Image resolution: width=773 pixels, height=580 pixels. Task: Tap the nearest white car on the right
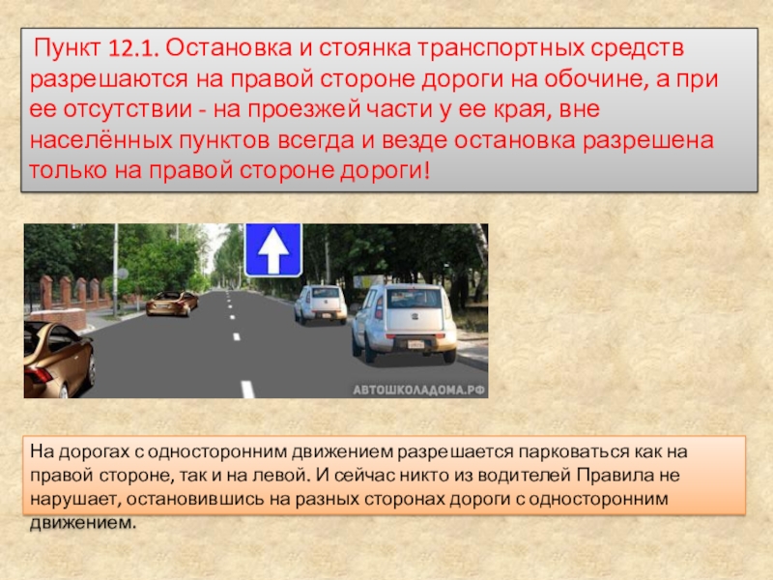(x=404, y=321)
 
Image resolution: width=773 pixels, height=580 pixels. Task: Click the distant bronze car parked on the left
(x=172, y=304)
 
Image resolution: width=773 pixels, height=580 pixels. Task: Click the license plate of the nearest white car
(x=415, y=343)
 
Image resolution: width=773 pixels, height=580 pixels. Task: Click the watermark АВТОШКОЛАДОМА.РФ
(x=418, y=390)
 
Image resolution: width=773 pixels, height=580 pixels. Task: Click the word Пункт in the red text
(x=70, y=48)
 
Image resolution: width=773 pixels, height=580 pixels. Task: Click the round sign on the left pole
(x=123, y=274)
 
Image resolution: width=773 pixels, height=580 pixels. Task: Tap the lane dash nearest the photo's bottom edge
(x=247, y=390)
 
